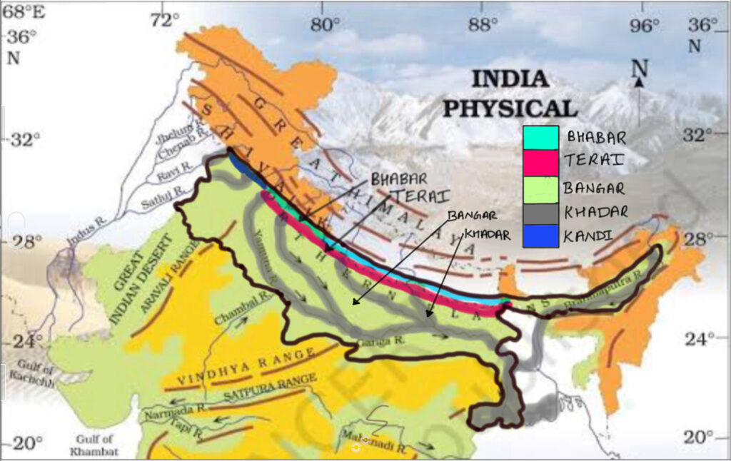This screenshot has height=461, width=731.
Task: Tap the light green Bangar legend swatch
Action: pos(540,188)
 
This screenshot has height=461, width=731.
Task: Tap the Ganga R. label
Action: pos(385,342)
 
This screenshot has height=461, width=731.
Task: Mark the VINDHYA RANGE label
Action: pos(239,367)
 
